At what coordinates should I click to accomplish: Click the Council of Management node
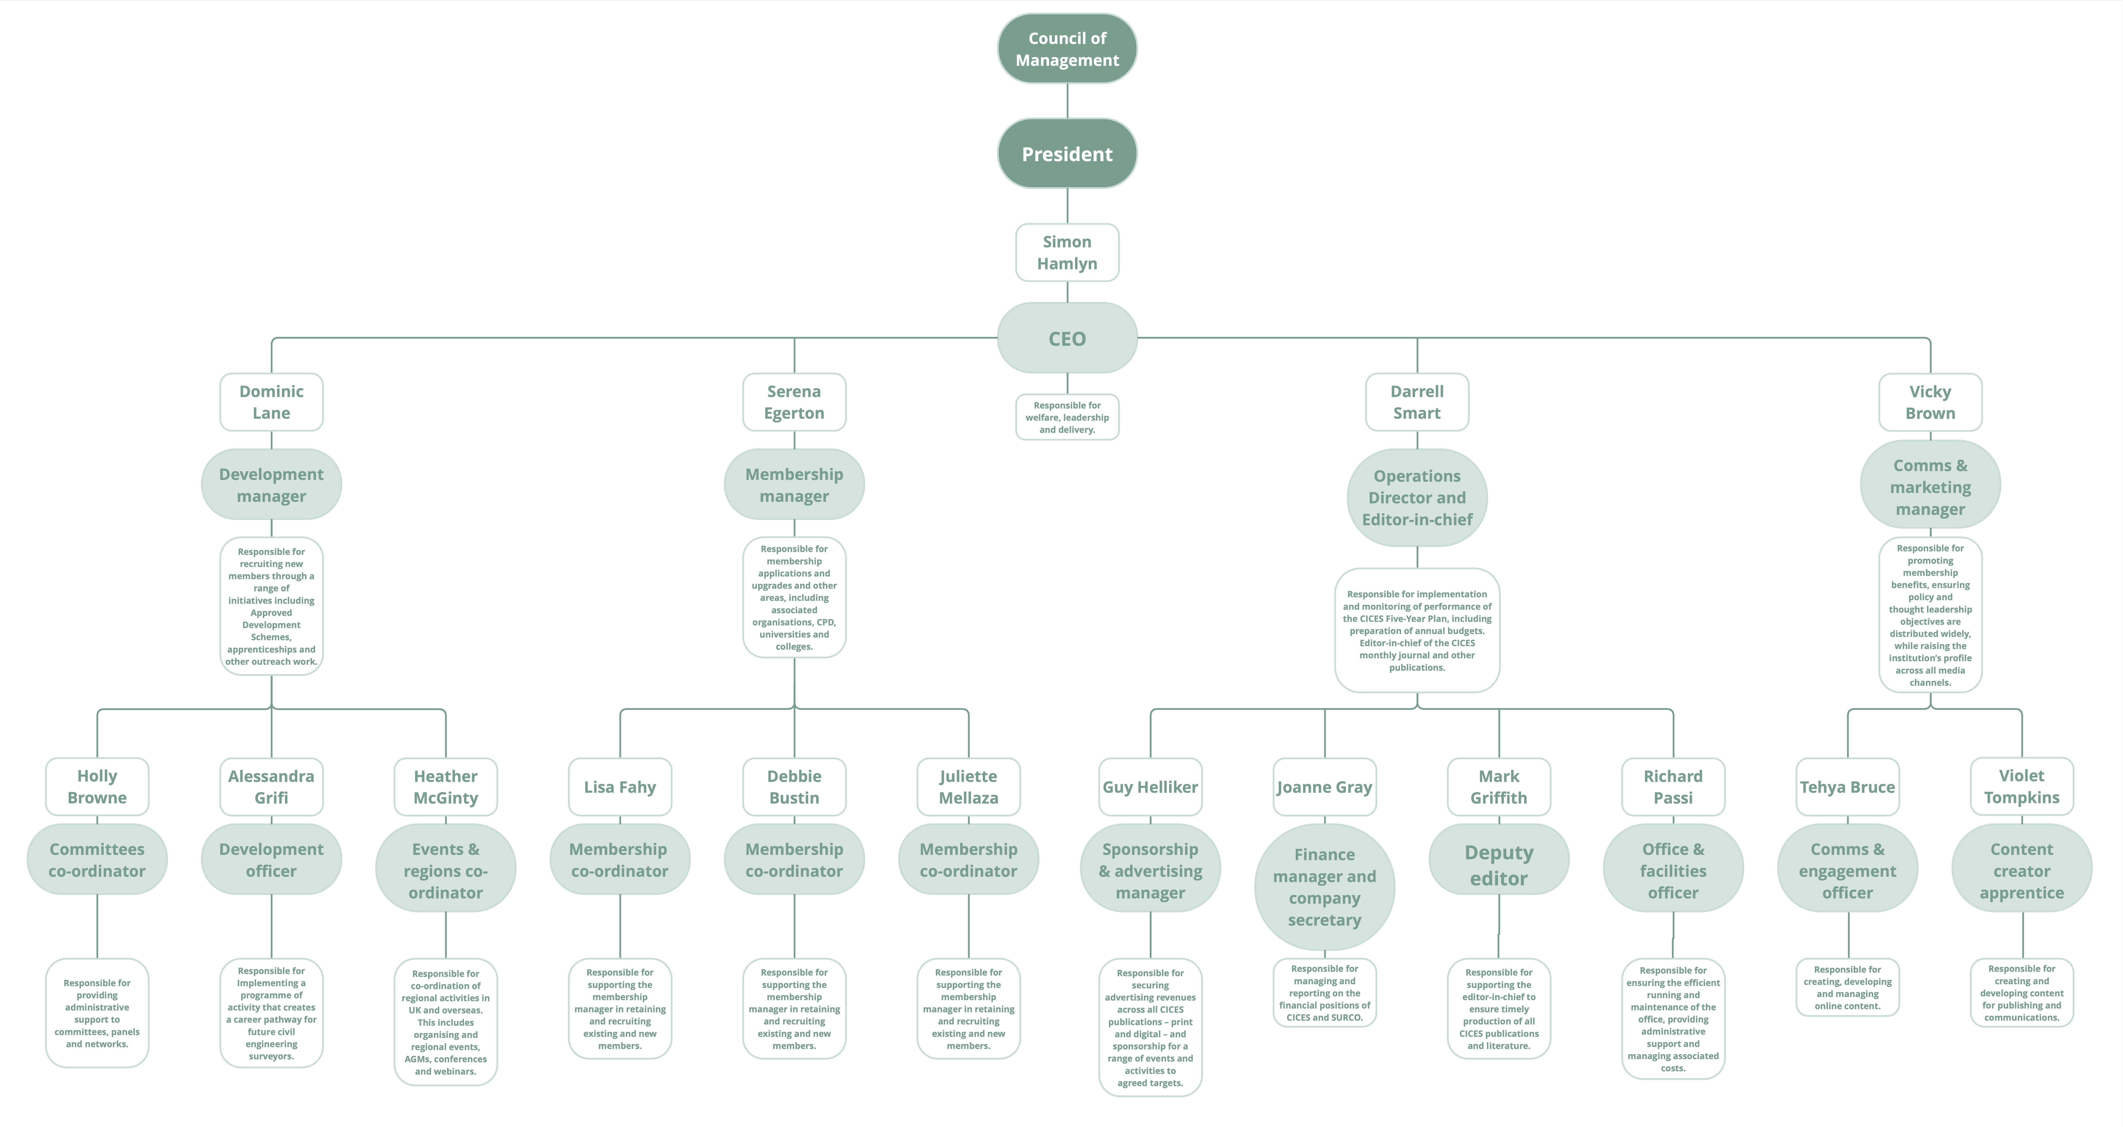coord(1067,49)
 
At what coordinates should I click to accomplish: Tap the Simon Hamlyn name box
coord(1067,252)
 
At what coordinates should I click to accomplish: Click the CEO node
coord(1067,338)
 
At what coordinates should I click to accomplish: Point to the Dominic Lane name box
coord(271,402)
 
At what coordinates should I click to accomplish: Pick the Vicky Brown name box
coord(1930,402)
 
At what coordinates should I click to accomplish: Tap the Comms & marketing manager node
coord(1930,486)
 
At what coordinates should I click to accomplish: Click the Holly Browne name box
coord(97,787)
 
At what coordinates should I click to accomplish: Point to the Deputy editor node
coord(1499,865)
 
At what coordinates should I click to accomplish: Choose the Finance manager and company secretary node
coord(1324,887)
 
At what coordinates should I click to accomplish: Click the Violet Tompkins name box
coord(2022,787)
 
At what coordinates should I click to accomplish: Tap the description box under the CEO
coord(1067,417)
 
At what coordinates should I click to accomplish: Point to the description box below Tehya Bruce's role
coord(1848,987)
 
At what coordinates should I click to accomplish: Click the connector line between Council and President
coord(1067,101)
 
